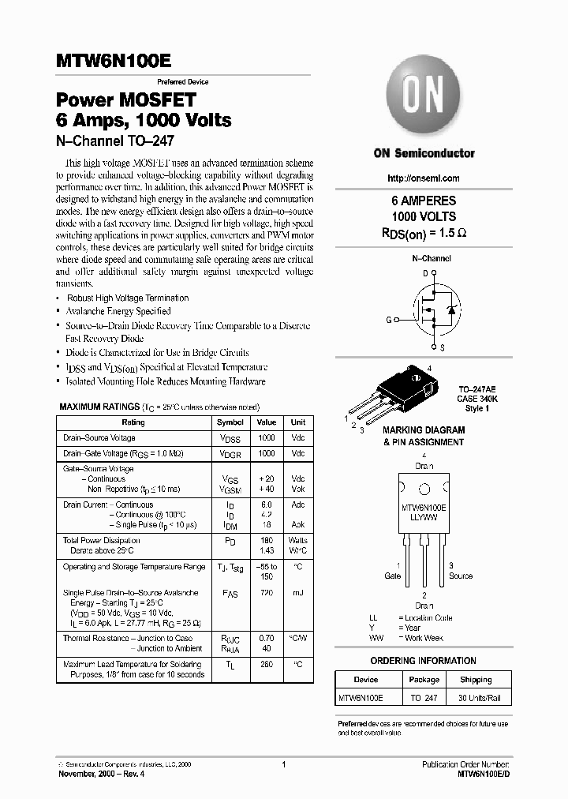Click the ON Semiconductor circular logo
(x=424, y=99)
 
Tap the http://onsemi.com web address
(x=424, y=178)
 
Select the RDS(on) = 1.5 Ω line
(x=424, y=233)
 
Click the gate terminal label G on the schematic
(x=388, y=320)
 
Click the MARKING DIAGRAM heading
(x=424, y=430)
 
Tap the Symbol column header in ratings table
(x=230, y=422)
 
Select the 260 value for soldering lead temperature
(x=267, y=664)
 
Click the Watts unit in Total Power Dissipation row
(x=298, y=540)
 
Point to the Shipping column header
(x=476, y=679)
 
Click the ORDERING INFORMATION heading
(x=423, y=660)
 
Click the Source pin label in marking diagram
(x=461, y=576)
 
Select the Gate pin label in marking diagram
(x=392, y=576)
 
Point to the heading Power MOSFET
(x=125, y=100)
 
